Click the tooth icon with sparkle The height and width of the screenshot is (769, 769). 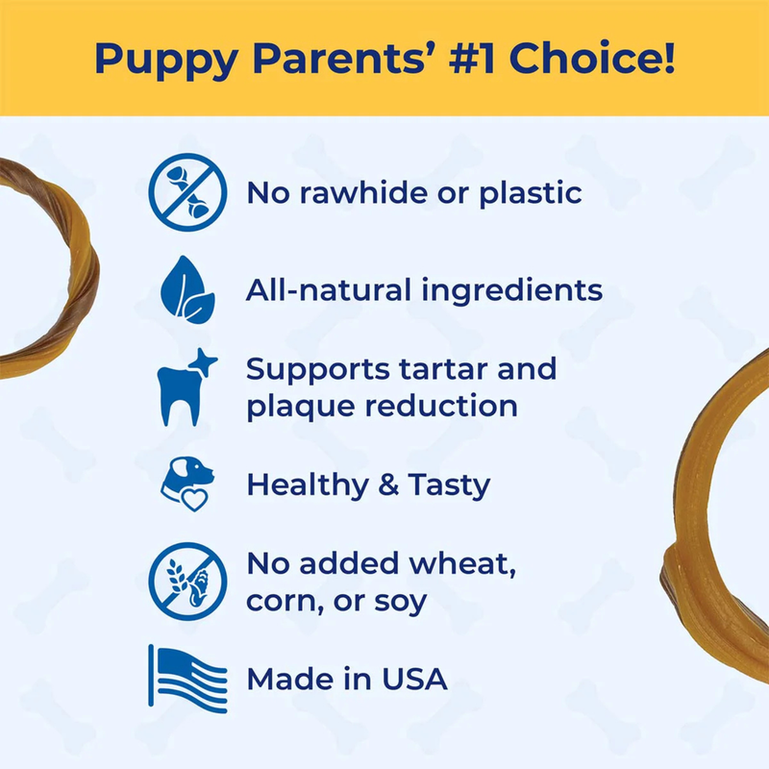(x=185, y=387)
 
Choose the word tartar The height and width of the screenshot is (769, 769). (x=458, y=369)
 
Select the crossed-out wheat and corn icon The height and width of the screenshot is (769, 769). (x=186, y=580)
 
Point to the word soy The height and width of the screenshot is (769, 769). (x=403, y=602)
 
